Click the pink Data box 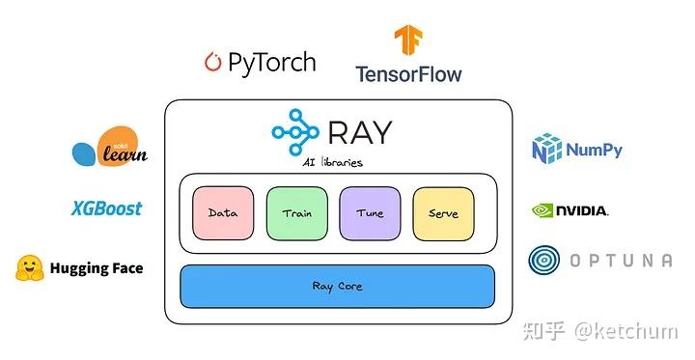tap(223, 213)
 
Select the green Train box tap(296, 213)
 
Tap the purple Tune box tap(370, 213)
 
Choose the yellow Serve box tap(443, 213)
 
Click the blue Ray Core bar tap(337, 286)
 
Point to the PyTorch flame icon tap(212, 63)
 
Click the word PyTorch tap(272, 63)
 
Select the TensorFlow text tap(408, 74)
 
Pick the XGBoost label tap(106, 208)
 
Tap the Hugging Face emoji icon tap(30, 268)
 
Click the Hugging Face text tap(96, 268)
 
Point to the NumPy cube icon tap(547, 150)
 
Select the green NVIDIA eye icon tap(543, 210)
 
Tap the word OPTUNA tap(620, 261)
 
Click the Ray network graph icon tap(293, 132)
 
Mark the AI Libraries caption tap(332, 162)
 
